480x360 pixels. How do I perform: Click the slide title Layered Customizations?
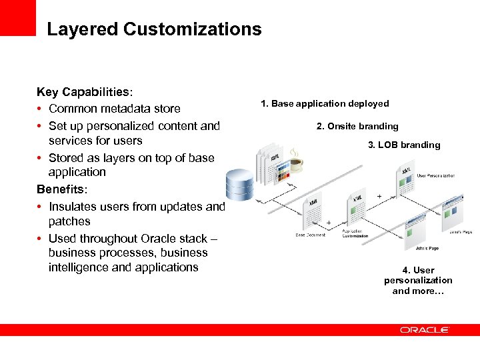coord(154,29)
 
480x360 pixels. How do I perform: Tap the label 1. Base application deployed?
coord(325,103)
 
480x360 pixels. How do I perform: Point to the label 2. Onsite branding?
coord(357,126)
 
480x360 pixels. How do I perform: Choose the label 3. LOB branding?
coord(404,145)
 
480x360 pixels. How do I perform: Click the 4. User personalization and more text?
coord(418,281)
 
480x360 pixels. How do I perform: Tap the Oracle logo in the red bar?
coord(425,329)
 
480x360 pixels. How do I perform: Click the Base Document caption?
coord(311,235)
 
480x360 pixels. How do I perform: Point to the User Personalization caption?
coord(436,175)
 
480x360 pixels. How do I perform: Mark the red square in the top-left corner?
coord(17,17)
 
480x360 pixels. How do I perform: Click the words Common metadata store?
coord(114,109)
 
